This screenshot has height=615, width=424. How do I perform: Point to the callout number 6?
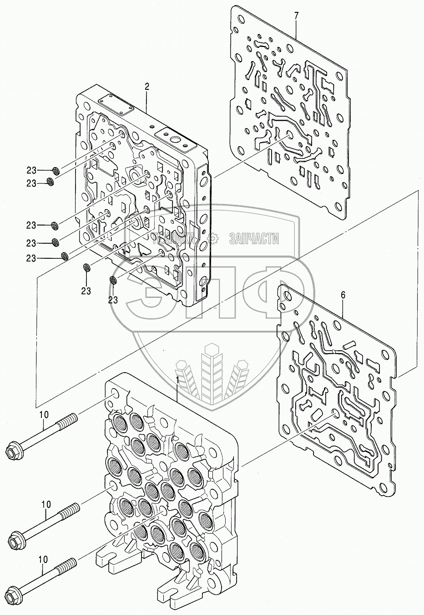343,295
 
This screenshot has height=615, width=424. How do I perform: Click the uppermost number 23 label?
31,171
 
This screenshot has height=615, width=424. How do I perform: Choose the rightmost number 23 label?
113,300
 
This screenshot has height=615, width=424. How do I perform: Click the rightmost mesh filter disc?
113,280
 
